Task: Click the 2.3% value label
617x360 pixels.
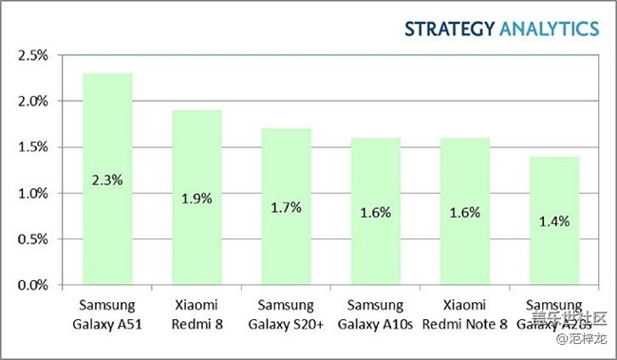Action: click(107, 180)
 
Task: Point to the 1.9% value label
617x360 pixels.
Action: click(196, 199)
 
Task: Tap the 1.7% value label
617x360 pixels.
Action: click(286, 207)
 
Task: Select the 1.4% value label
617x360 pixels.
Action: click(553, 221)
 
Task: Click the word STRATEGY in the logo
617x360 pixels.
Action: click(449, 28)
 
